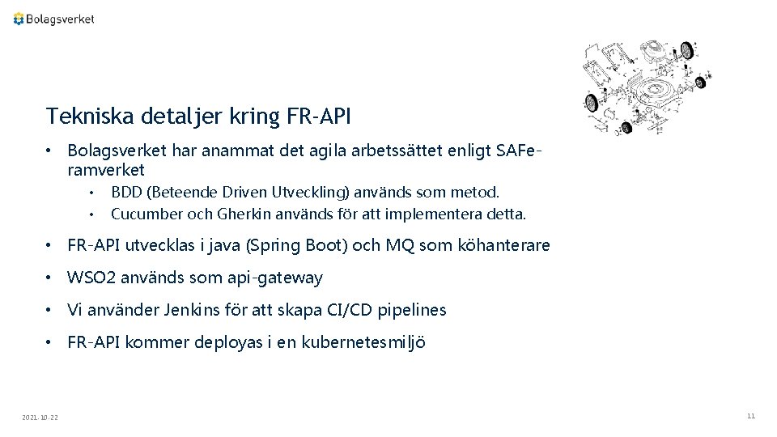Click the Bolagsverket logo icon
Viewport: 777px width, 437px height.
19,19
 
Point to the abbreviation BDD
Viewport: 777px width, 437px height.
126,193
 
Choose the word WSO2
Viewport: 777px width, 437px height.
91,278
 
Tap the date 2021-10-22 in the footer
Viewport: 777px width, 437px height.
39,417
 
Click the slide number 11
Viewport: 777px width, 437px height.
751,416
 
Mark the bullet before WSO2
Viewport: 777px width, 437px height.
50,278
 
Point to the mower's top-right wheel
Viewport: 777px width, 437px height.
689,49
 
